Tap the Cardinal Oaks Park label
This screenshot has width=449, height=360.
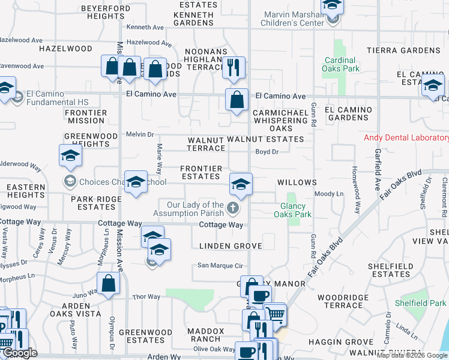[342, 64]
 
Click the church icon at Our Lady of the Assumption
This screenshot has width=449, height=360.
[233, 209]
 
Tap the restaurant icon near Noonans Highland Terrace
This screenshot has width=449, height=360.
[232, 68]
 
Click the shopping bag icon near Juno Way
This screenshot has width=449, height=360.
[108, 284]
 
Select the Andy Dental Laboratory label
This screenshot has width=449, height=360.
[406, 138]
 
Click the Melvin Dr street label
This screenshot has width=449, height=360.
[140, 134]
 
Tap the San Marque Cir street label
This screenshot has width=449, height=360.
[220, 266]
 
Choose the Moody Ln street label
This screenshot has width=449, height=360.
[329, 194]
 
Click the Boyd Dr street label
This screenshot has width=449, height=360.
[267, 152]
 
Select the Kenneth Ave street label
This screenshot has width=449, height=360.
[145, 28]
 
